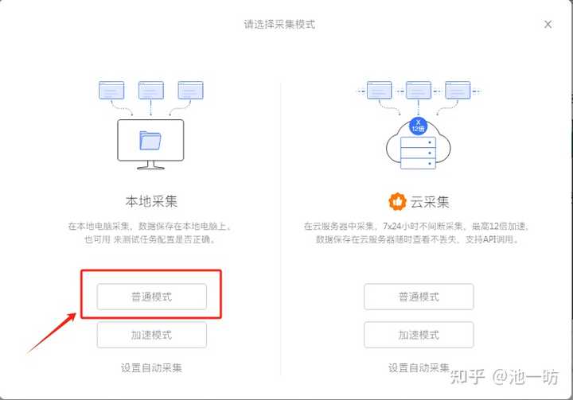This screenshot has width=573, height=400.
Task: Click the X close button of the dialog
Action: point(548,25)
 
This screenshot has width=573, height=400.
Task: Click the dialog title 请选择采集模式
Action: point(279,24)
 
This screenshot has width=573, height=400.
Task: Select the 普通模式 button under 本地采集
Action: point(151,297)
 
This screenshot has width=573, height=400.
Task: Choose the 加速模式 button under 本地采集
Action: point(151,335)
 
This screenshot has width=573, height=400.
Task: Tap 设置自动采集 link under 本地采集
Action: point(151,367)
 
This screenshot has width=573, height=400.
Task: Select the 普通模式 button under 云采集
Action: point(419,297)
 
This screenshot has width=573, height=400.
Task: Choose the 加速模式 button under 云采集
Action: point(419,335)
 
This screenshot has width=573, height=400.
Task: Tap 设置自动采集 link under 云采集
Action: point(419,367)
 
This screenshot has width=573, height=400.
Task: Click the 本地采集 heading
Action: point(151,201)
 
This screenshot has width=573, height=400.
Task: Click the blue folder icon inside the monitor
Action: point(150,141)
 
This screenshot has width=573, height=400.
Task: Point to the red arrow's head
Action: point(76,315)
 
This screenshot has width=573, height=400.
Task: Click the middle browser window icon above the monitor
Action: point(151,90)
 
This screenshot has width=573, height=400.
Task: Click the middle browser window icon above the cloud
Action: point(419,90)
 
